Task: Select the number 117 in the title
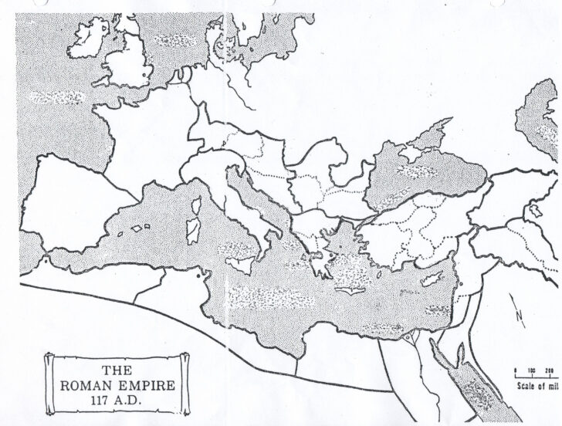[90, 399]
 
